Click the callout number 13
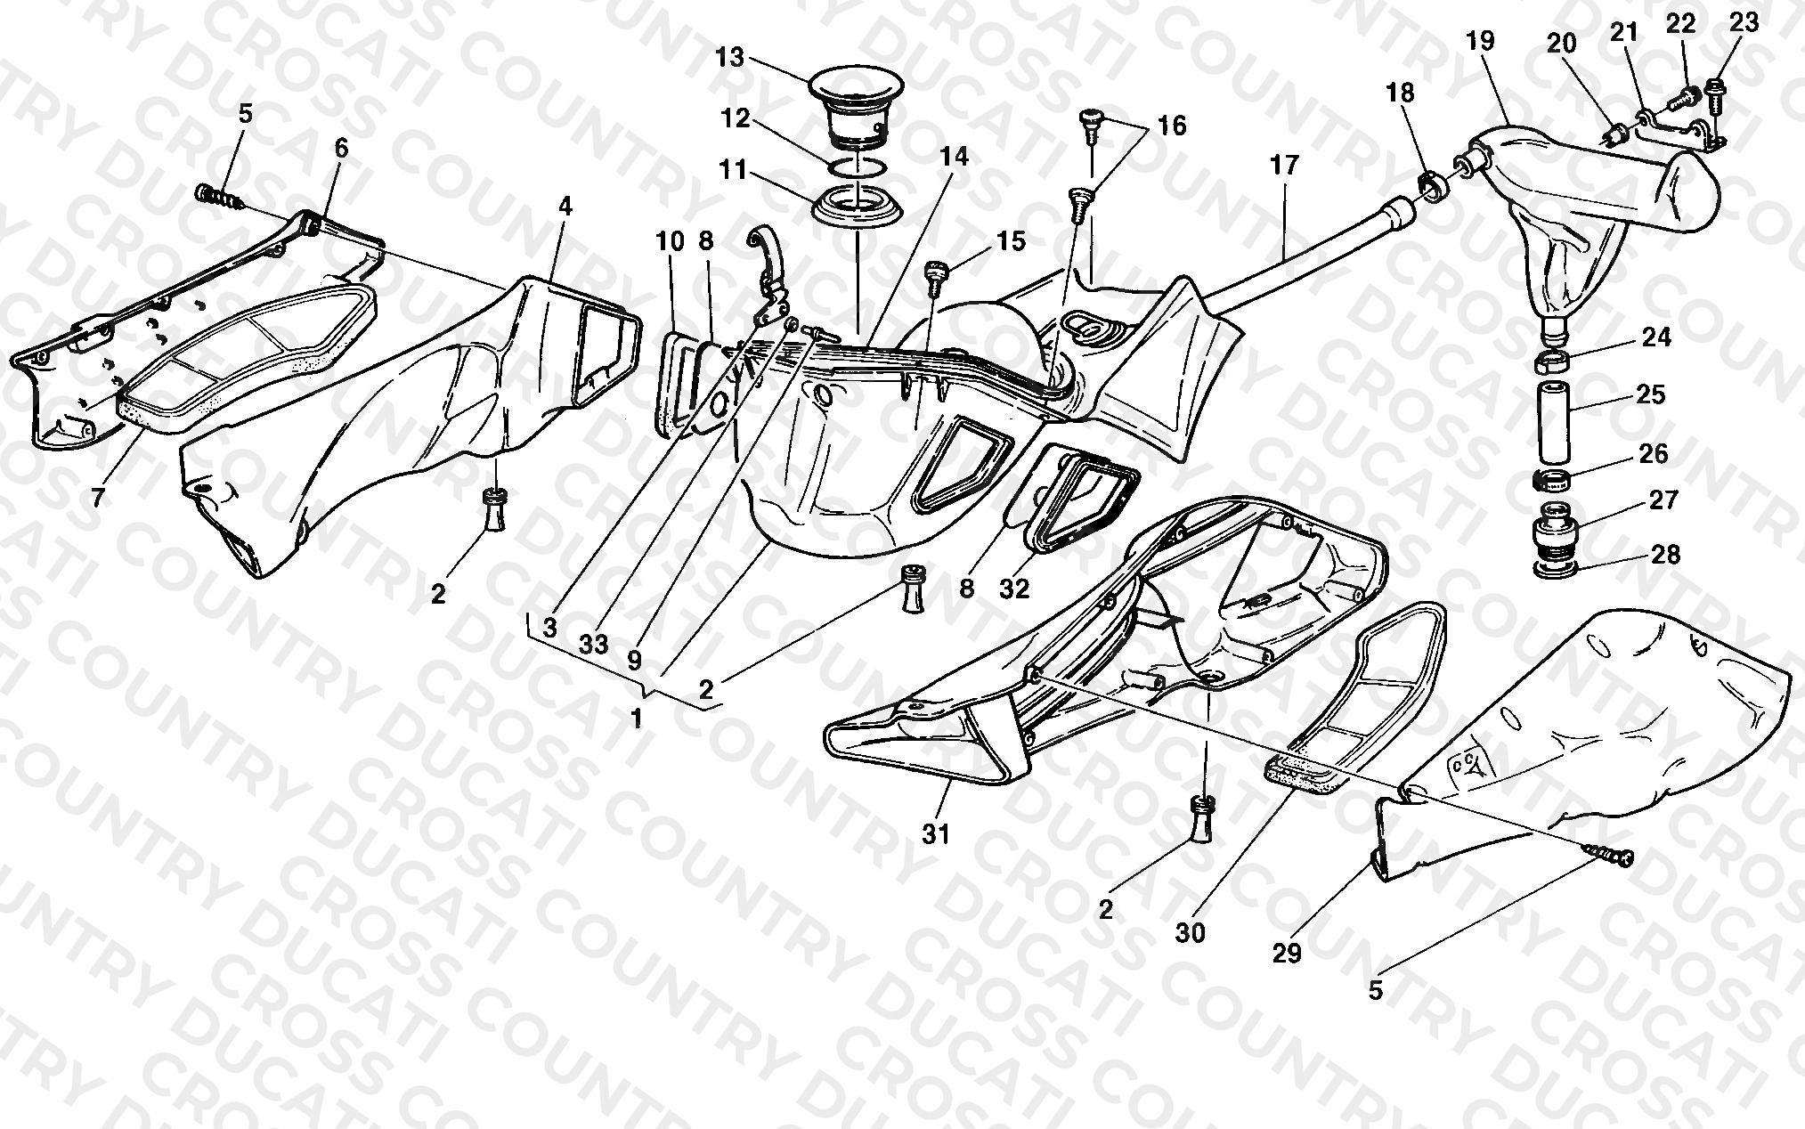729,58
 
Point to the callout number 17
1285,165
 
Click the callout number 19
1504,41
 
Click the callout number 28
1666,555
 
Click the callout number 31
936,834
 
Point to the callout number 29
1288,954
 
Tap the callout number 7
98,498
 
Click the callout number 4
565,207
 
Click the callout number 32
1014,588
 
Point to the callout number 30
1191,932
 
